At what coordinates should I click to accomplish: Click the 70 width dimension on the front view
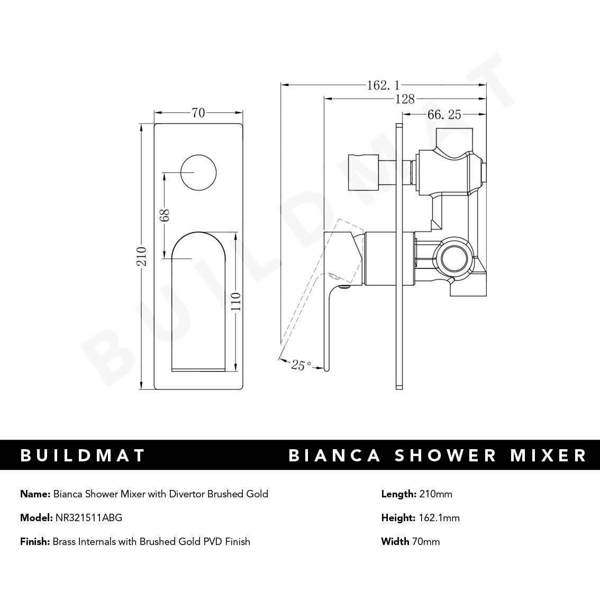coord(198,113)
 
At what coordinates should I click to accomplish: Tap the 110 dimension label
coord(236,302)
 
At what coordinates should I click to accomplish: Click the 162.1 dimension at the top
coord(383,85)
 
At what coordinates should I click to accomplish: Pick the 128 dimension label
coord(404,98)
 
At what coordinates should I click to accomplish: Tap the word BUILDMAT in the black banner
coord(83,455)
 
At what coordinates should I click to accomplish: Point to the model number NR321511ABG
coord(88,517)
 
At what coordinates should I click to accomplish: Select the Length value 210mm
coord(435,494)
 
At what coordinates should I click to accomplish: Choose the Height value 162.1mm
coord(439,517)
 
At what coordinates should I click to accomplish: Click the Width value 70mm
coord(425,541)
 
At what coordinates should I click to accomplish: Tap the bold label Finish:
coord(35,541)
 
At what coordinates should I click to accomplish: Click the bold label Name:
coord(35,494)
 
